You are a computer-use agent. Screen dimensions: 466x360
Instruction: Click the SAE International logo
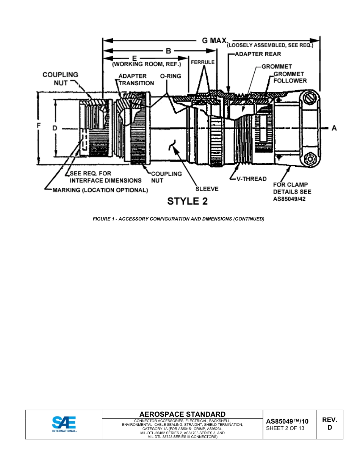click(64, 424)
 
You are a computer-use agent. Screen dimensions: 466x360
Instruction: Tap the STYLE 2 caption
click(187, 201)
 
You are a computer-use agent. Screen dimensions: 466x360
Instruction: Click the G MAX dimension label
click(214, 41)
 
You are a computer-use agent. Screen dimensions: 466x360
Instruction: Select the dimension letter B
click(168, 51)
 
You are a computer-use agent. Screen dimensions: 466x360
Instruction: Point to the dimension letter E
click(134, 59)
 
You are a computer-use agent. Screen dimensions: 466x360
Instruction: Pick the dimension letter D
click(55, 128)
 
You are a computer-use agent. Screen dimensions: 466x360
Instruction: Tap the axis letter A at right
click(334, 128)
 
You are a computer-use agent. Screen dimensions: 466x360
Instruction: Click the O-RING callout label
click(171, 76)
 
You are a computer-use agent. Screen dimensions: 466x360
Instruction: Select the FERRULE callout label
click(203, 62)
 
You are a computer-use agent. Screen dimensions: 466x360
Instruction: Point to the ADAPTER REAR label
click(258, 54)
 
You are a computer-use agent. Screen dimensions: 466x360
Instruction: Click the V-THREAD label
click(251, 179)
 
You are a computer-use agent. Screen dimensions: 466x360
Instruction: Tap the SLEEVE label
click(207, 189)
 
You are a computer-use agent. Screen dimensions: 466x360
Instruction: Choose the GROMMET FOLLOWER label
click(290, 77)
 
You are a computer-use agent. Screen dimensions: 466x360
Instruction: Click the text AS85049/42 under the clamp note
click(289, 199)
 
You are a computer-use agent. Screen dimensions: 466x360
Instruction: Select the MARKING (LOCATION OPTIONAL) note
click(100, 190)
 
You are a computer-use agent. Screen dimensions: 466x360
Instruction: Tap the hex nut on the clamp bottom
click(310, 159)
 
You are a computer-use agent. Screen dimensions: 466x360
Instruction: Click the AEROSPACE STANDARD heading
click(182, 414)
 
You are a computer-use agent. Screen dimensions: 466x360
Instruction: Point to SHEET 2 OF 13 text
click(285, 428)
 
